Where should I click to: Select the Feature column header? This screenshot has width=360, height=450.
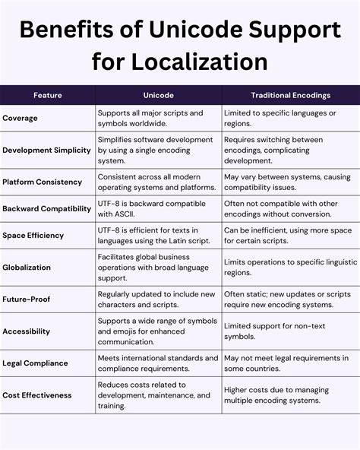coord(47,95)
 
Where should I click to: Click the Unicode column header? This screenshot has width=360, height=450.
coord(158,95)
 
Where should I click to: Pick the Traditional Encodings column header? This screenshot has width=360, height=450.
coord(291,95)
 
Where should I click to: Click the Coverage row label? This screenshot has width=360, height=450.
coord(21,118)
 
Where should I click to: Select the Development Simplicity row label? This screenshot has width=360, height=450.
coord(47,151)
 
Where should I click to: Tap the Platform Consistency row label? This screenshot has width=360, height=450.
coord(43,182)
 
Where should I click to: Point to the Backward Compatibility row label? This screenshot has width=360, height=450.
coord(47,208)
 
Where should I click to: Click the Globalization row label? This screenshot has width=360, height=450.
coord(27,267)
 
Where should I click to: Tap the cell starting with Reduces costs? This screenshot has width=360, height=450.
coord(155,395)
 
